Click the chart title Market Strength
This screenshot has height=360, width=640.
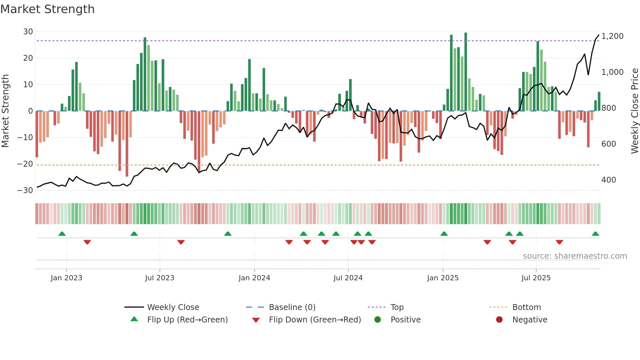47,9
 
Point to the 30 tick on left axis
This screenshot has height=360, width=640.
28,32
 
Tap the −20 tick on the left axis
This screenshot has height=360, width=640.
25,164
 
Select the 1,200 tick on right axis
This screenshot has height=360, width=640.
612,36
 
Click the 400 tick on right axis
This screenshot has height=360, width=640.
608,180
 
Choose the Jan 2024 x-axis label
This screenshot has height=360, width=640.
254,278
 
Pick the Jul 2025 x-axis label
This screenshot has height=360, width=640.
536,278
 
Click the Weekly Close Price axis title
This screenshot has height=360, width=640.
634,111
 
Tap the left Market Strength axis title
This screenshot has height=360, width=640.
5,111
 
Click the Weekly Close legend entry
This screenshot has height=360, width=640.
173,307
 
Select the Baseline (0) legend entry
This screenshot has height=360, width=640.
292,307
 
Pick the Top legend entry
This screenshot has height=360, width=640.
397,307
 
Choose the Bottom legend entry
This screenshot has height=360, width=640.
526,307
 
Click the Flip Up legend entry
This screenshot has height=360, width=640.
187,320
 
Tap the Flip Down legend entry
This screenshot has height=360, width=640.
314,320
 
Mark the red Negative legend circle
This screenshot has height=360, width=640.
499,320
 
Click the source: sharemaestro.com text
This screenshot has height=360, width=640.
575,256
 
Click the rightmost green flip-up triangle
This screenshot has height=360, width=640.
595,234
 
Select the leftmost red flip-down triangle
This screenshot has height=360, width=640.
87,242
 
